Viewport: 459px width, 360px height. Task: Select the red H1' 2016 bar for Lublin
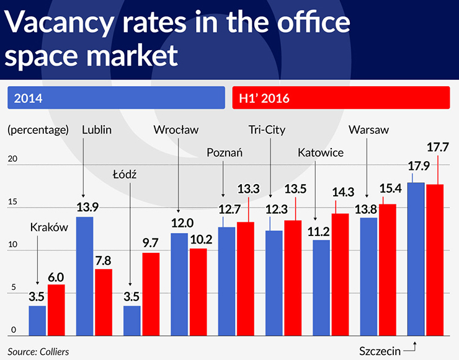pyautogui.click(x=103, y=301)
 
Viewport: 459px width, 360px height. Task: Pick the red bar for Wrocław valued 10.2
pyautogui.click(x=198, y=290)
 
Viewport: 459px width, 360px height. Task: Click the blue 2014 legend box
pyautogui.click(x=115, y=97)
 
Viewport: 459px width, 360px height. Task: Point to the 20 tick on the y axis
pyautogui.click(x=12, y=159)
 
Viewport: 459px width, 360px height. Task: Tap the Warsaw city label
pyautogui.click(x=368, y=130)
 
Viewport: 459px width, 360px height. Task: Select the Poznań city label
pyautogui.click(x=225, y=152)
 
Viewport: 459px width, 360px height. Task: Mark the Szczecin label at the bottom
pyautogui.click(x=380, y=351)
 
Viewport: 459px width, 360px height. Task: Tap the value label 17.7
pyautogui.click(x=438, y=147)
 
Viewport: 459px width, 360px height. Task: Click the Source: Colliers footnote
pyautogui.click(x=38, y=351)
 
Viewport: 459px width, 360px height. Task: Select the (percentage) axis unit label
pyautogui.click(x=37, y=130)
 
